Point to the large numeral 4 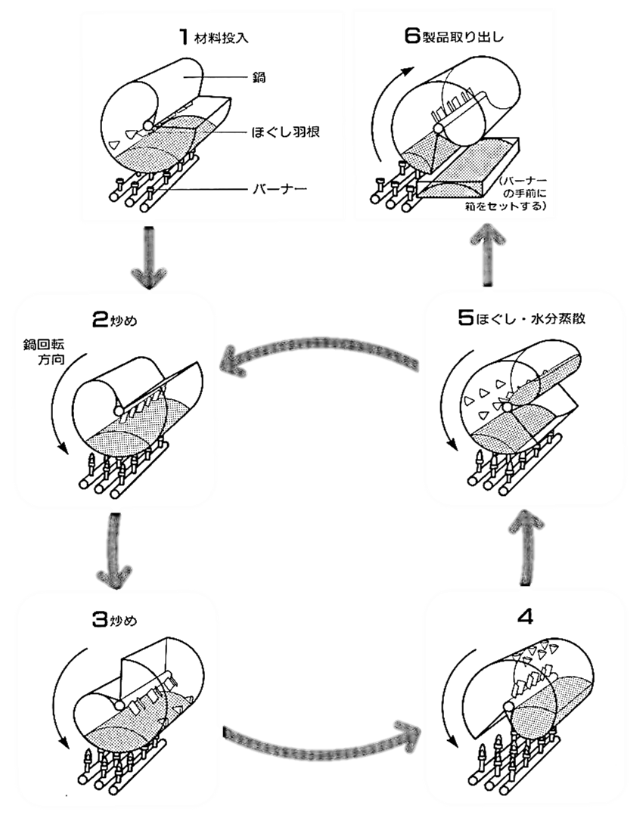[525, 616]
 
